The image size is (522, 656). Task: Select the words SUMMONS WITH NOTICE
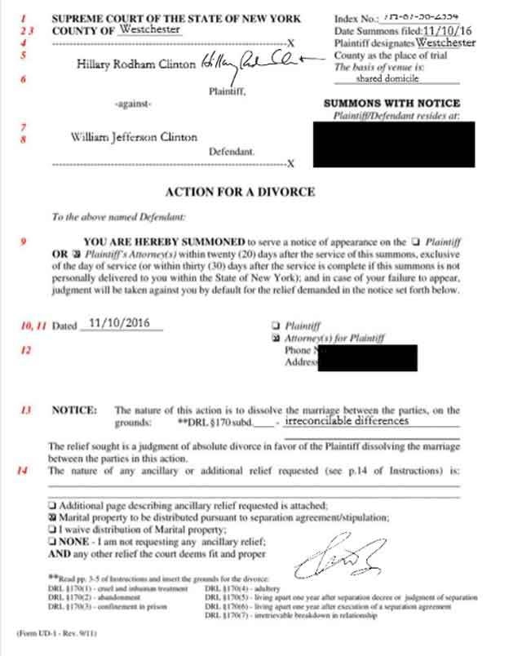point(391,104)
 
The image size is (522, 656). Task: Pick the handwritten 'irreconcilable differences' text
point(347,422)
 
